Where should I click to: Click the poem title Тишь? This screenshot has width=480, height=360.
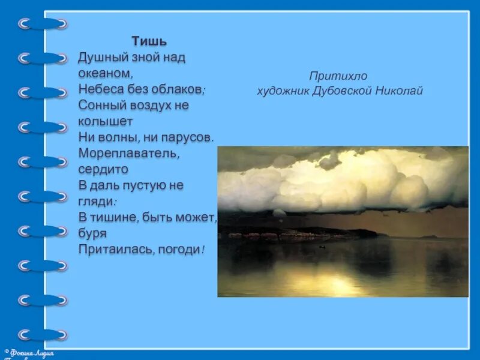click(149, 41)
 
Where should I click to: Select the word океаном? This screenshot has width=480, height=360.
click(104, 73)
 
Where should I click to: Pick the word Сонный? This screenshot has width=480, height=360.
click(98, 104)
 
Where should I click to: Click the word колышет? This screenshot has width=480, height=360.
click(106, 121)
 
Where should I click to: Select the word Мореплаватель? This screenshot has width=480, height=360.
click(128, 152)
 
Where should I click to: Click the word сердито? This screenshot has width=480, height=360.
click(100, 169)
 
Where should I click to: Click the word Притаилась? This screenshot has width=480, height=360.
click(113, 248)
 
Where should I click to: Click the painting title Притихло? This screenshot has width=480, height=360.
click(337, 76)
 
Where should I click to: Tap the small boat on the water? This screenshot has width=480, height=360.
click(322, 247)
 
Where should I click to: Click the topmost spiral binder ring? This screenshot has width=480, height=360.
click(42, 24)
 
